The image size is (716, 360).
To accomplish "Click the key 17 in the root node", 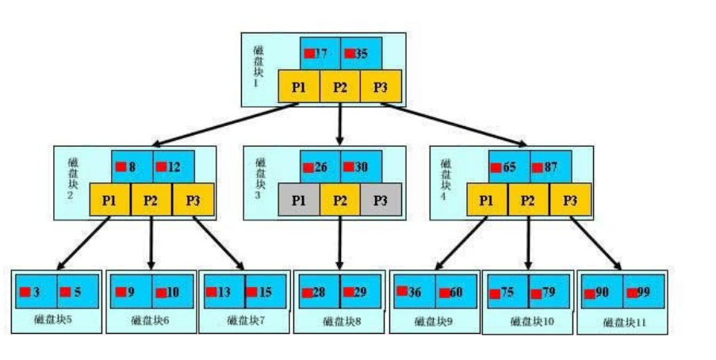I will pyautogui.click(x=320, y=53).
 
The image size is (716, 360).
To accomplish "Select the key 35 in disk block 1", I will pyautogui.click(x=361, y=53).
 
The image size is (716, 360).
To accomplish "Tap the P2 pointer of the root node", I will pyautogui.click(x=340, y=86).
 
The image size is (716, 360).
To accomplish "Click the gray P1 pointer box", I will pyautogui.click(x=299, y=200).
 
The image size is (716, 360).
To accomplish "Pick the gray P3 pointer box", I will pyautogui.click(x=381, y=200).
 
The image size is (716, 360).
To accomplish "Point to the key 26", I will pyautogui.click(x=320, y=167).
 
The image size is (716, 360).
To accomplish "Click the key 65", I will pyautogui.click(x=508, y=167).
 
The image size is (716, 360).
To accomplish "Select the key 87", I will pyautogui.click(x=549, y=167).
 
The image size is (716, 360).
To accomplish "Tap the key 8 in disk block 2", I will pyautogui.click(x=131, y=167).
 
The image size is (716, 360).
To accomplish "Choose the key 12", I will pyautogui.click(x=173, y=167).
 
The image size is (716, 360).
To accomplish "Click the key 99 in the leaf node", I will pyautogui.click(x=642, y=293).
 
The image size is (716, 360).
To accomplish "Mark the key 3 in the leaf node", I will pyautogui.click(x=36, y=292).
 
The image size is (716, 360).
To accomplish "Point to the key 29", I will pyautogui.click(x=361, y=292).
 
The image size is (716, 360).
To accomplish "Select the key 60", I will pyautogui.click(x=457, y=292).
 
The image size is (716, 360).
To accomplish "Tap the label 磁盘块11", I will pyautogui.click(x=622, y=322).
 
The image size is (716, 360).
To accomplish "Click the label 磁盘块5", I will pyautogui.click(x=56, y=320).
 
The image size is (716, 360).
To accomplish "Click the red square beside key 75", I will pyautogui.click(x=494, y=293).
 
